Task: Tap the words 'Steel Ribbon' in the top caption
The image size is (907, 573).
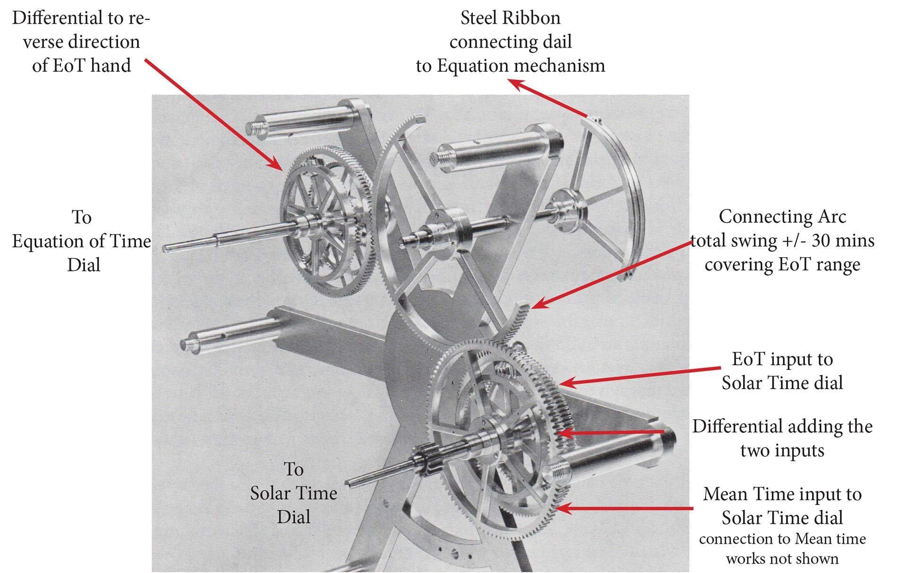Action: tap(510, 18)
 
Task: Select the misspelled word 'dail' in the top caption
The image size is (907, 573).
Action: tap(557, 42)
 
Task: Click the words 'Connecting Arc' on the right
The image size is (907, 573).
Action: tap(782, 217)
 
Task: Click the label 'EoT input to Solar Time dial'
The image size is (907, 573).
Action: tap(782, 371)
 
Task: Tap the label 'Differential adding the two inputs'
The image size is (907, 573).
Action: tap(782, 438)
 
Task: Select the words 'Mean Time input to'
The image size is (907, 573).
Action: tap(782, 495)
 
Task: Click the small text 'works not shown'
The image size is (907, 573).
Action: tap(782, 559)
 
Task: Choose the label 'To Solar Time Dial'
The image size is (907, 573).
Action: tap(293, 493)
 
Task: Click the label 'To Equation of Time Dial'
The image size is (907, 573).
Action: tap(82, 241)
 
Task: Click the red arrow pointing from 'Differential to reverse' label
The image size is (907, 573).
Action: tap(214, 115)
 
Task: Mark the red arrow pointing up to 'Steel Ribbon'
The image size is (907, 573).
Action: tap(548, 98)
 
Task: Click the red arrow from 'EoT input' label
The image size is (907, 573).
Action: tap(640, 376)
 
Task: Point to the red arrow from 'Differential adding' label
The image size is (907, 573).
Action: tap(610, 432)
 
